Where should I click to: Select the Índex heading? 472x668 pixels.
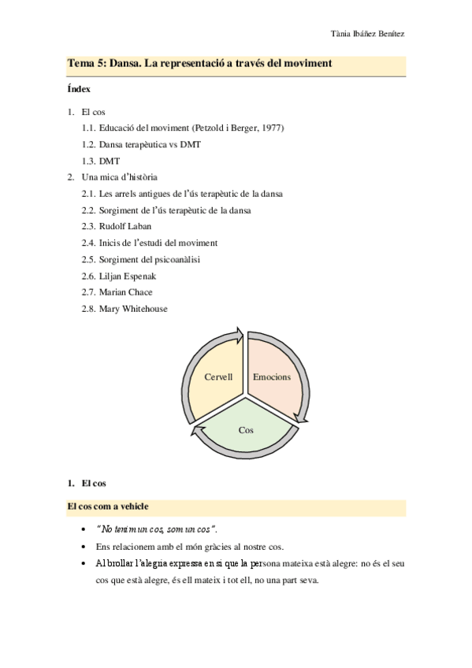(x=79, y=90)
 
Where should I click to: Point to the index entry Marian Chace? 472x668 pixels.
(x=126, y=292)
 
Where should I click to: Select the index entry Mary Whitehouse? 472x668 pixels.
(x=133, y=309)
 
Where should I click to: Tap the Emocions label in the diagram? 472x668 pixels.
(x=272, y=377)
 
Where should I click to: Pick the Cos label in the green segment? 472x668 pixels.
(x=246, y=430)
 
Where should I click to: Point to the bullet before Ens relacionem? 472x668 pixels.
(x=84, y=546)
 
